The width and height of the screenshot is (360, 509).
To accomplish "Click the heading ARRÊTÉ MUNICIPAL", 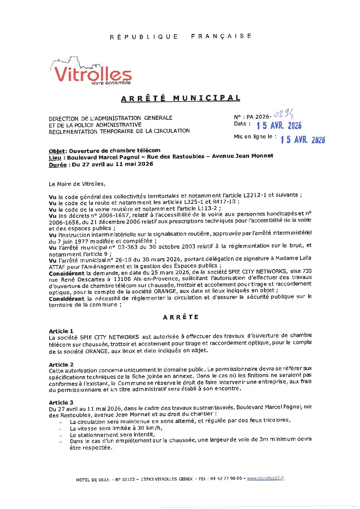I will point(181,98).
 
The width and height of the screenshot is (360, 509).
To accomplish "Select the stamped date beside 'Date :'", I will point(279,126).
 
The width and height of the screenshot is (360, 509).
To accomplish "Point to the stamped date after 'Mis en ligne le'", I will point(303,139).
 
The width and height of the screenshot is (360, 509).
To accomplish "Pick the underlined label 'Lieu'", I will point(55,158).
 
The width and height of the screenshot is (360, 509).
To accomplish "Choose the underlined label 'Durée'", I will point(58,165).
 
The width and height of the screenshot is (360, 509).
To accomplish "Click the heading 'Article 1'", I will point(61,331).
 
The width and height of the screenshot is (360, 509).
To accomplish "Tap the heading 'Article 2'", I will point(61,365).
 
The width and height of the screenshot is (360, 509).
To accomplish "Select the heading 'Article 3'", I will point(61,403).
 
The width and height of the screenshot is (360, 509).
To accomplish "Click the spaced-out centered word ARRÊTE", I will point(181,317).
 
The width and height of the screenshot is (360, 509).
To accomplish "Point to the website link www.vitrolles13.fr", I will point(265,478).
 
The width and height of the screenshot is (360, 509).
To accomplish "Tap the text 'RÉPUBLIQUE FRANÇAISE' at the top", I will point(181,36).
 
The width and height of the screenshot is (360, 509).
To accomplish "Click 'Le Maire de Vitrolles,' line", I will point(77,184).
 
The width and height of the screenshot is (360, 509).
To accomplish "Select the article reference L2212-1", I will point(255,195).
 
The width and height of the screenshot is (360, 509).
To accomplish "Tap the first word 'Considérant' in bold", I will point(66,273).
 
